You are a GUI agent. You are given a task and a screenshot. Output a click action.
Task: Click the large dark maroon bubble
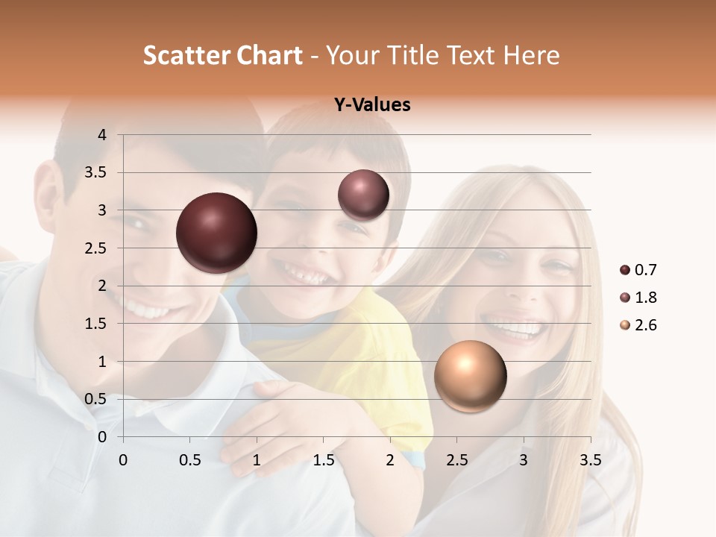click(216, 233)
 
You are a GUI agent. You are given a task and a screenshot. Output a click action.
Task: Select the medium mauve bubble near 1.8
click(363, 195)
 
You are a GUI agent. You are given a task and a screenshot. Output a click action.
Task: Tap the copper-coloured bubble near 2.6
click(470, 376)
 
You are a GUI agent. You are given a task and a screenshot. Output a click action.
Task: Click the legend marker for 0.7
click(625, 270)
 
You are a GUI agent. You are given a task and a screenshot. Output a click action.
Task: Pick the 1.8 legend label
click(646, 298)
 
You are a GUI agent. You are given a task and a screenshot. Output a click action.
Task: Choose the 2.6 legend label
click(646, 325)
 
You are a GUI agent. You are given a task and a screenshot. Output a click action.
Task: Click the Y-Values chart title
click(372, 105)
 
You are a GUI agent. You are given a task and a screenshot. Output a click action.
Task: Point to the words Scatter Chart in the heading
click(222, 55)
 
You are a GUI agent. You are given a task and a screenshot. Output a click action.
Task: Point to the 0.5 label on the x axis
click(189, 460)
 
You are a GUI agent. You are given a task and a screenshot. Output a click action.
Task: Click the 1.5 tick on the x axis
click(323, 460)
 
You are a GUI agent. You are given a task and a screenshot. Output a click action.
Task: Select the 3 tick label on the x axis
click(524, 460)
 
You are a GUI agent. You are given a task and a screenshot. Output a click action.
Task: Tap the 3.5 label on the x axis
click(590, 460)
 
